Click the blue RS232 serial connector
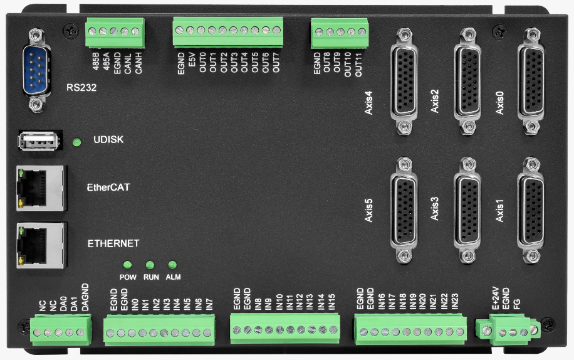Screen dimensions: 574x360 pyautogui.click(x=36, y=70)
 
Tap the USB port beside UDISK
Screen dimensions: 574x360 pyautogui.click(x=38, y=140)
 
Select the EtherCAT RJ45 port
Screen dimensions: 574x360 pyautogui.click(x=41, y=188)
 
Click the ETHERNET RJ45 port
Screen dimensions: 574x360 pyautogui.click(x=41, y=245)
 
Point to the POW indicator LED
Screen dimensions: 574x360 pyautogui.click(x=127, y=265)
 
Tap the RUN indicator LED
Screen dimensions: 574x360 pyautogui.click(x=150, y=265)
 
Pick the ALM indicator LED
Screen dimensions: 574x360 pyautogui.click(x=172, y=265)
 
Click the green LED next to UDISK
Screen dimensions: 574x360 pyautogui.click(x=76, y=142)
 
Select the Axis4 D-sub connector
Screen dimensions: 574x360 pyautogui.click(x=404, y=82)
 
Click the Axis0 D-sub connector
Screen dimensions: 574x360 pyautogui.click(x=531, y=82)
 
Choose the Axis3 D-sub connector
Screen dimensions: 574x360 pyautogui.click(x=467, y=210)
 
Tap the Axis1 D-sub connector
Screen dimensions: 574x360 pyautogui.click(x=531, y=210)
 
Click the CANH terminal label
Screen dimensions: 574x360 pyautogui.click(x=138, y=63)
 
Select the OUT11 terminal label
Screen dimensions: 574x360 pyautogui.click(x=358, y=65)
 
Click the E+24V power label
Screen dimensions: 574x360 pyautogui.click(x=495, y=298)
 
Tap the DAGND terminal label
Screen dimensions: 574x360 pyautogui.click(x=85, y=297)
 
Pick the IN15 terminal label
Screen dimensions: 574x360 pyautogui.click(x=331, y=302)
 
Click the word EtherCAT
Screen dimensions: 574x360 pyautogui.click(x=108, y=188)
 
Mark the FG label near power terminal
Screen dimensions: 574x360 pyautogui.click(x=516, y=304)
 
